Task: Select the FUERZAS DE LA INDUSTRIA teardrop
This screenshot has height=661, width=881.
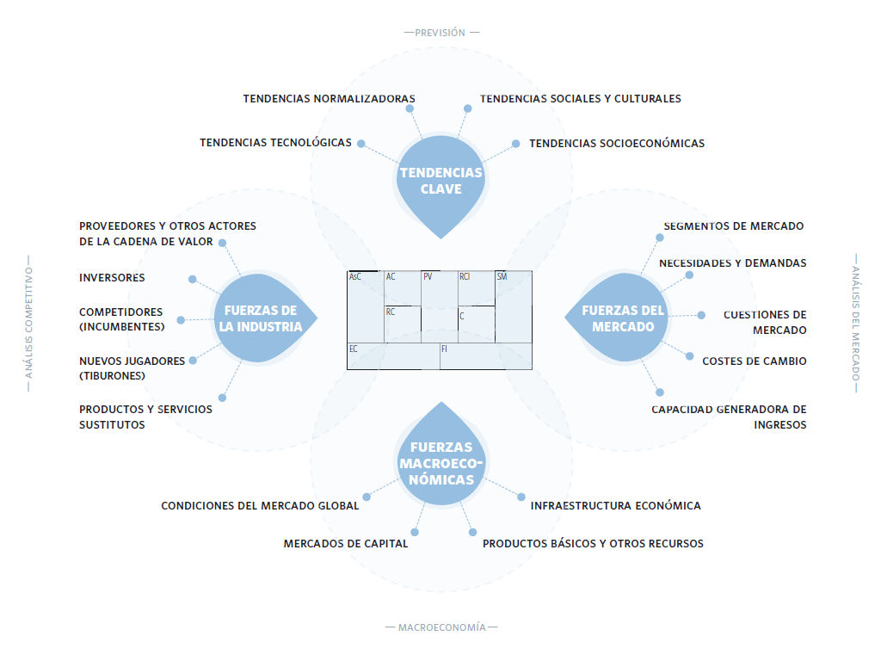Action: [264, 318]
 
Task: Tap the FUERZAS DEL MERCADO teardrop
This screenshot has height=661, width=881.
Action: [617, 318]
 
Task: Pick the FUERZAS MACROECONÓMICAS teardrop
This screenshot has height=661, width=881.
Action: [441, 455]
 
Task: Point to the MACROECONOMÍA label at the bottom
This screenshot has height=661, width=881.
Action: [441, 627]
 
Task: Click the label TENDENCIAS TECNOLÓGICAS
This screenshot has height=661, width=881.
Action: [275, 143]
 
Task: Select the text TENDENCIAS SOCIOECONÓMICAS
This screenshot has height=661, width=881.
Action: [617, 144]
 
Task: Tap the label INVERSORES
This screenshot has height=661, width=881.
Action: [112, 278]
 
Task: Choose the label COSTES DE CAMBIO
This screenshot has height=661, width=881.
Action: [754, 361]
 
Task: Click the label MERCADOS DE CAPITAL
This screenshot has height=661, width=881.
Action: [346, 544]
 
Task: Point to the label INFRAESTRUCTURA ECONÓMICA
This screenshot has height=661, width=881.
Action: [615, 506]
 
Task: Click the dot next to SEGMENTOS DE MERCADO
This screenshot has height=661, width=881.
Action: [660, 238]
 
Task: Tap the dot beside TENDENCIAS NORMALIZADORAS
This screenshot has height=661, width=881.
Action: [410, 108]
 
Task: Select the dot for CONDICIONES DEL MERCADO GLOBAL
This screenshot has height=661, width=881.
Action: [367, 497]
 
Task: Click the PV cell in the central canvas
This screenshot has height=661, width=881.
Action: [440, 307]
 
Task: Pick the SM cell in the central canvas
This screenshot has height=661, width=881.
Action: [514, 307]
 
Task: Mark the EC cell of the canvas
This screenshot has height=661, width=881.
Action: [393, 356]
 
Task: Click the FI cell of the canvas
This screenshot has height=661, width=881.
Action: [486, 356]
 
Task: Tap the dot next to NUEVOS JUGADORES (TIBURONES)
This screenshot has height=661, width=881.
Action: [193, 361]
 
